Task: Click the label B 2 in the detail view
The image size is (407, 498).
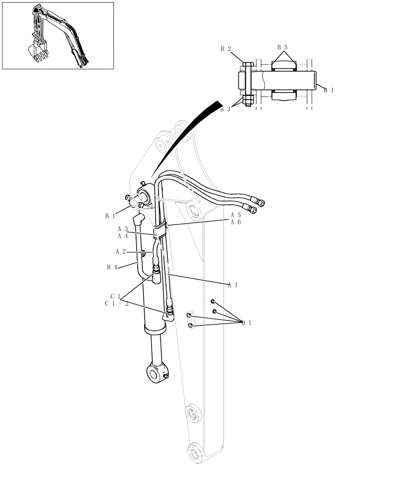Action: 225,49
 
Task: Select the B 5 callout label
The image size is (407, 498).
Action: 282,47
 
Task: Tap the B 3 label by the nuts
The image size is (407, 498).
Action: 225,109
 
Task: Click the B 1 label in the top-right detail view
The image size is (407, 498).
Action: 329,90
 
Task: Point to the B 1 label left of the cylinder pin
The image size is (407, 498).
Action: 110,216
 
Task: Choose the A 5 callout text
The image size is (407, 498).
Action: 235,215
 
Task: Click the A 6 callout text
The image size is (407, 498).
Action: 235,222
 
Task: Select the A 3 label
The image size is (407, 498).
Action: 123,229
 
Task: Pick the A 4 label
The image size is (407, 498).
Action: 123,236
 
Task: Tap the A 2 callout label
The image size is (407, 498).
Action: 121,251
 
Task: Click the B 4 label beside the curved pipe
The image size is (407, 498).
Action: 111,267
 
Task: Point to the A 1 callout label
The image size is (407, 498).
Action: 232,285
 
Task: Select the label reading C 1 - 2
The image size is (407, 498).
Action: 117,303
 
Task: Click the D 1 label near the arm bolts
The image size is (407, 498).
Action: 246,323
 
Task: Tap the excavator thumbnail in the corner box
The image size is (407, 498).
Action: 57,35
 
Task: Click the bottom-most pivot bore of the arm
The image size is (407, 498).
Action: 195,453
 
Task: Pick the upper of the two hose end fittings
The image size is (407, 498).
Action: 259,202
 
